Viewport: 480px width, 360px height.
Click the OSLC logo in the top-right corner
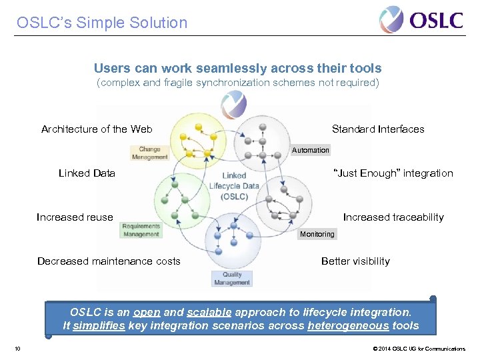click(421, 19)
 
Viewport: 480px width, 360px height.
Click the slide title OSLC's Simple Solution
click(102, 23)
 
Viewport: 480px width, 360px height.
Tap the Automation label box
click(311, 150)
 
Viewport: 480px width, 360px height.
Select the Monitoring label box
click(317, 234)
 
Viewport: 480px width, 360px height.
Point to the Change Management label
click(150, 153)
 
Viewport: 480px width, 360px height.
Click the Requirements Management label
click(141, 230)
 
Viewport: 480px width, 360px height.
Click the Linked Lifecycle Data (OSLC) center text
click(234, 186)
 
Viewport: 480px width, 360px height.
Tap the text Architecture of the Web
click(97, 129)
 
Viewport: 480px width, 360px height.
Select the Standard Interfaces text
click(378, 129)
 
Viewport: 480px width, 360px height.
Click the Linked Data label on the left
click(87, 173)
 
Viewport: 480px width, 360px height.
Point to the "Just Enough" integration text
click(393, 173)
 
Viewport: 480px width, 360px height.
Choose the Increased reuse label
click(75, 217)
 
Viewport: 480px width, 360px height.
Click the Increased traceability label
click(393, 217)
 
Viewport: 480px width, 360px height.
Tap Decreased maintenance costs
click(109, 261)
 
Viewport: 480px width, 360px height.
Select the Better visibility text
click(355, 261)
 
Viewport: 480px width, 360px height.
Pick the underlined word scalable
click(209, 311)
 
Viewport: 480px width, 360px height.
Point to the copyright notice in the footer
click(419, 349)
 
